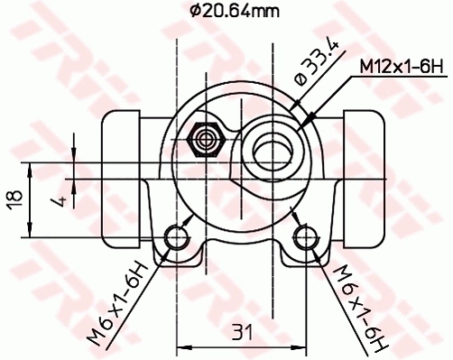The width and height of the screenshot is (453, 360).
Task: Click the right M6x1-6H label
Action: [359, 306]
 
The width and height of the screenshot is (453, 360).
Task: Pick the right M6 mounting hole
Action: [307, 238]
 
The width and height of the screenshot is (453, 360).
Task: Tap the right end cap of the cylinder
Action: [365, 177]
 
